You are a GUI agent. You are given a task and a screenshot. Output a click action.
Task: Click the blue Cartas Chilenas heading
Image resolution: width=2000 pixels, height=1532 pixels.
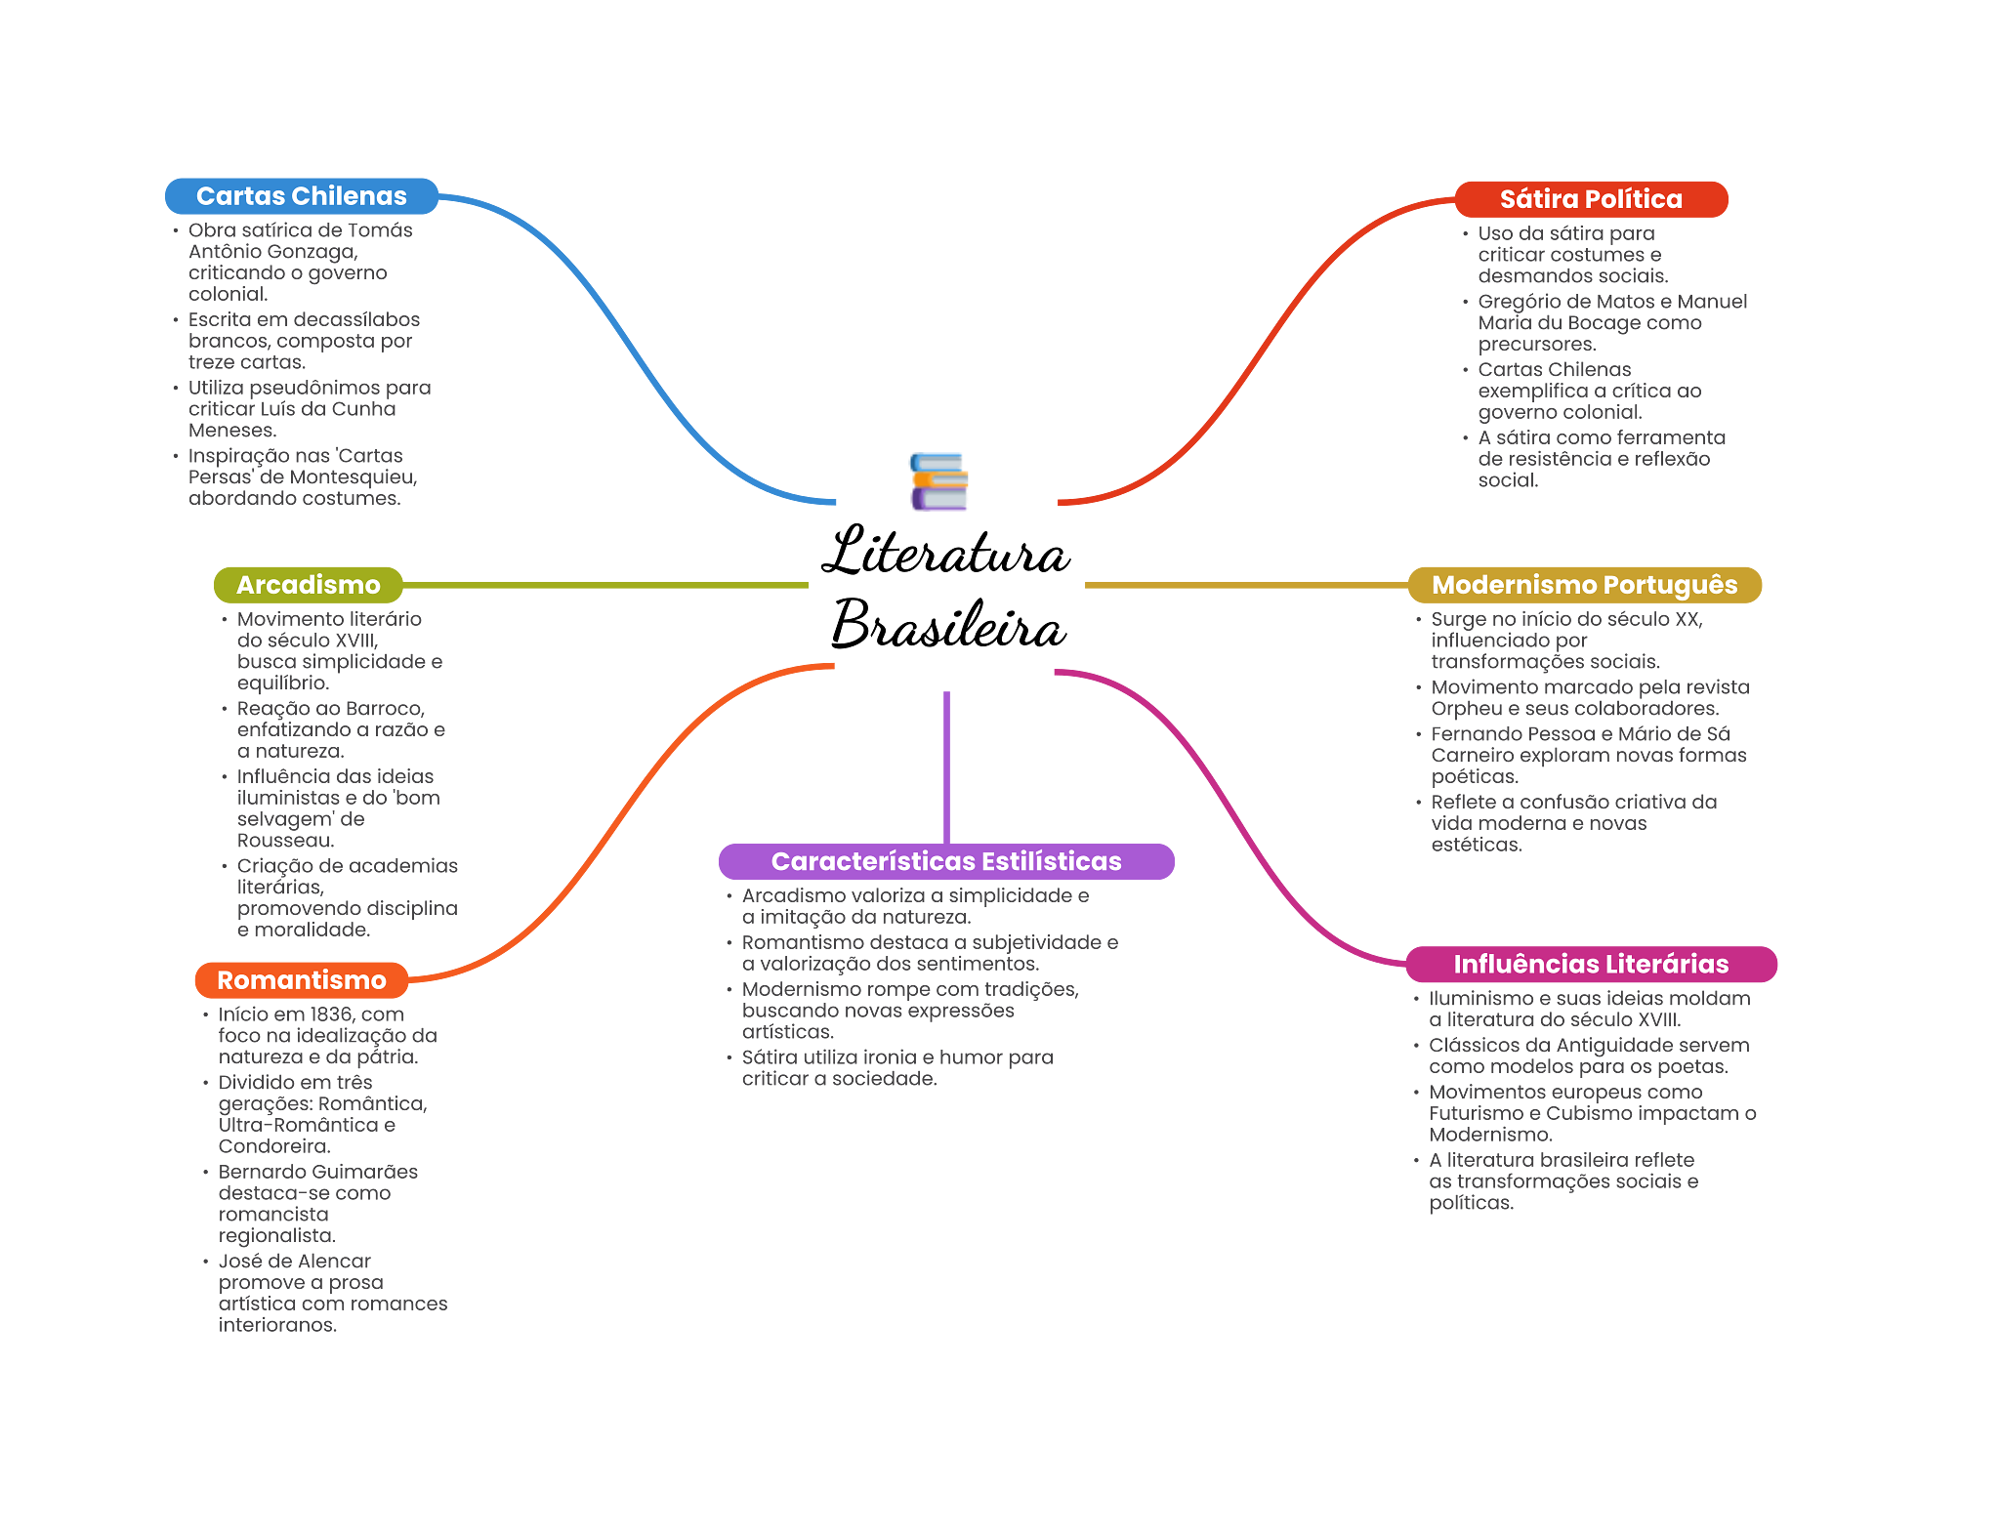[301, 196]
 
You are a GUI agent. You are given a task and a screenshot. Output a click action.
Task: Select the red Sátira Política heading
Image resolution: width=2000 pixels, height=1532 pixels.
[1591, 199]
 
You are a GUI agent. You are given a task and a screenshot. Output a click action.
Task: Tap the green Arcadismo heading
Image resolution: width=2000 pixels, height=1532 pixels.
[308, 585]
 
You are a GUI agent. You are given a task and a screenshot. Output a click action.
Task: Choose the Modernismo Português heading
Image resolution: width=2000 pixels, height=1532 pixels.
[1584, 585]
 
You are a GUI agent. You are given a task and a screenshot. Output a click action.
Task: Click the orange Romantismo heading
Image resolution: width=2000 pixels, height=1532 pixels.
[301, 980]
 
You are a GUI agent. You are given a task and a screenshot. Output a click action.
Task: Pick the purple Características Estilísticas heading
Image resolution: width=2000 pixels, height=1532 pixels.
[946, 861]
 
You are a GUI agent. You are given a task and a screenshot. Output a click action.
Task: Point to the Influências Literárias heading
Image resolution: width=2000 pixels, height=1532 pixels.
[1591, 965]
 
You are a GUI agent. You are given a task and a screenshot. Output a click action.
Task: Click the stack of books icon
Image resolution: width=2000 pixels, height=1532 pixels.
[938, 481]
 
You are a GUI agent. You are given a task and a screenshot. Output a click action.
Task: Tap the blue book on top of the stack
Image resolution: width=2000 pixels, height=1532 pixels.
[937, 461]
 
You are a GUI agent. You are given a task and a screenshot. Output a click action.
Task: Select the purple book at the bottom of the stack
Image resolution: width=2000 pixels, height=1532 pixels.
[938, 500]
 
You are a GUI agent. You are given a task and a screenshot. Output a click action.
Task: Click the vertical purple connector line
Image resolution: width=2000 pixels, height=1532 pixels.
[946, 766]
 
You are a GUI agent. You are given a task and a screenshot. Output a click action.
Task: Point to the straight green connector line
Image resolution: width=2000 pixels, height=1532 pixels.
[605, 586]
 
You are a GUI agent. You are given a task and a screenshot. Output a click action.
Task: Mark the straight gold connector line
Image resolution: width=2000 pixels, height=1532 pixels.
[1245, 586]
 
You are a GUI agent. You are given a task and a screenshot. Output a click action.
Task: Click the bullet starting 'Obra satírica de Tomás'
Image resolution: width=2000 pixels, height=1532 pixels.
[300, 262]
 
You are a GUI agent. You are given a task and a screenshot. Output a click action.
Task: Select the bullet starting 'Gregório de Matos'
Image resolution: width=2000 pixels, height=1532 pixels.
[1611, 323]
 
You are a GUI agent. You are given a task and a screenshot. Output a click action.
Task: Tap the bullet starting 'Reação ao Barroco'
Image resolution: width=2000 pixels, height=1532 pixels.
[340, 729]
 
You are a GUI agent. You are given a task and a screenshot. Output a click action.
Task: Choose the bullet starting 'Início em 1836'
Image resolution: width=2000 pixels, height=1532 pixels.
[326, 1035]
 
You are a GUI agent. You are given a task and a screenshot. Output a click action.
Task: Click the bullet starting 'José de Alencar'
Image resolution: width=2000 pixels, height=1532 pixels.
[332, 1293]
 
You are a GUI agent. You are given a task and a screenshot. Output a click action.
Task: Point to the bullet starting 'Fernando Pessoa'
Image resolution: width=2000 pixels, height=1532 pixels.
[1588, 755]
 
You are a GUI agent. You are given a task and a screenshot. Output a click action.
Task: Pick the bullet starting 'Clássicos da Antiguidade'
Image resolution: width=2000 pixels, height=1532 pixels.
[1588, 1056]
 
